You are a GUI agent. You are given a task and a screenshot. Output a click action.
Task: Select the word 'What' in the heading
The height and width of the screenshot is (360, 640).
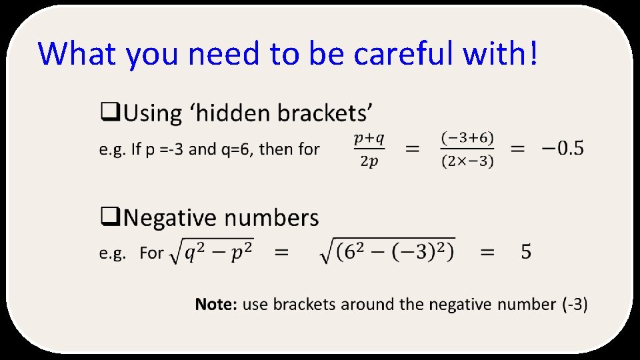(x=79, y=54)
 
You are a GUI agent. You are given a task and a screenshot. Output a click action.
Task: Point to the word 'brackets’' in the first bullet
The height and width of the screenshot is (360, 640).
(x=325, y=113)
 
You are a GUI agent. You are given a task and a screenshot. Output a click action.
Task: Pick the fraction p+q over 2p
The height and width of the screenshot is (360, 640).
(x=369, y=150)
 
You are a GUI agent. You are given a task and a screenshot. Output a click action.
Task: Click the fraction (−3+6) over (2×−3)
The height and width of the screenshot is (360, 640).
(x=467, y=150)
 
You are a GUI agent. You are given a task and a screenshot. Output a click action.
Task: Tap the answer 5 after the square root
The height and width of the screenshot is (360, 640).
(x=526, y=253)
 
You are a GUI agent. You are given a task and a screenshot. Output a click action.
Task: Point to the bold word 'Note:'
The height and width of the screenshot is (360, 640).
(x=216, y=305)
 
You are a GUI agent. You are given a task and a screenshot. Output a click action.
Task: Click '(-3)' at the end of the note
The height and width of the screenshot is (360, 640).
(x=574, y=305)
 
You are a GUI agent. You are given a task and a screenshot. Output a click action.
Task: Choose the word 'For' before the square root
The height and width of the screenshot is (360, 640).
(x=151, y=253)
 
